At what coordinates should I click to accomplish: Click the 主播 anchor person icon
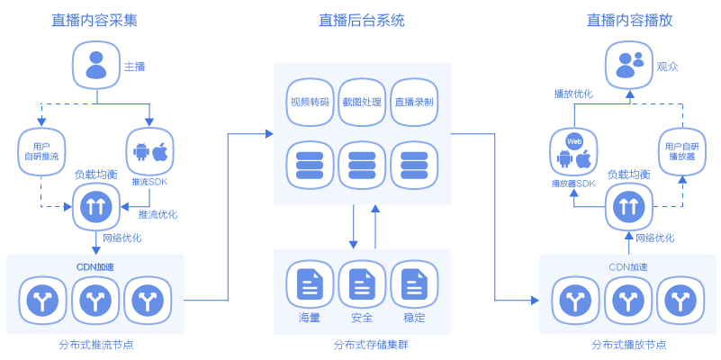point(95,65)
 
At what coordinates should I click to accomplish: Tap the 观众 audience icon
point(629,65)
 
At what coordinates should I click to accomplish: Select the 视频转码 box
point(310,102)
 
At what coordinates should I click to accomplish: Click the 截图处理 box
point(362,102)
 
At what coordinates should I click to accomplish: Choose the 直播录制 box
point(414,102)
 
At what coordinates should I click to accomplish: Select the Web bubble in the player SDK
point(574,141)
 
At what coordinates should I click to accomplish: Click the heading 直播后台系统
point(361,19)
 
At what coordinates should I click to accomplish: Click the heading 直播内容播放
point(629,19)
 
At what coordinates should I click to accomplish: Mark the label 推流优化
point(158,215)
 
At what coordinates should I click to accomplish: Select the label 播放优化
point(572,94)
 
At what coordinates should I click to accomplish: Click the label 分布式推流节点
point(95,344)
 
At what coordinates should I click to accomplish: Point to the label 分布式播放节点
point(629,344)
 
